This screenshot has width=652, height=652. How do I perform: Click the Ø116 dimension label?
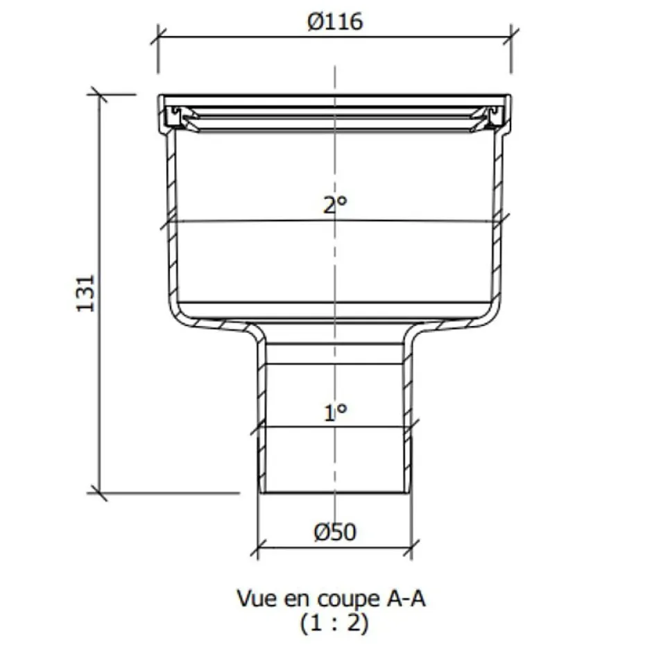coord(335,22)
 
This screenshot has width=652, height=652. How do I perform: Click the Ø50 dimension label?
coord(335,532)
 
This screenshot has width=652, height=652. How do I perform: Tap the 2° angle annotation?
coord(335,205)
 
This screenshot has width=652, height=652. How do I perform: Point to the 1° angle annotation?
coord(335,413)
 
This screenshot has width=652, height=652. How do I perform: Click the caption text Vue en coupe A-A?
coord(330,598)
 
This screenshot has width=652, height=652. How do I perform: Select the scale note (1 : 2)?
coord(334,623)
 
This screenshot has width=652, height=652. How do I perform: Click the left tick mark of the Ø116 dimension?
coord(159,35)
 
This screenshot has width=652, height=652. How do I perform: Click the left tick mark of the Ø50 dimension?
coord(258,548)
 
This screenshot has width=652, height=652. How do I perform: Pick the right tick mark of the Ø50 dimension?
coord(411,548)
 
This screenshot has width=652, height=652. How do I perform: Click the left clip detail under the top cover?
coord(179,117)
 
